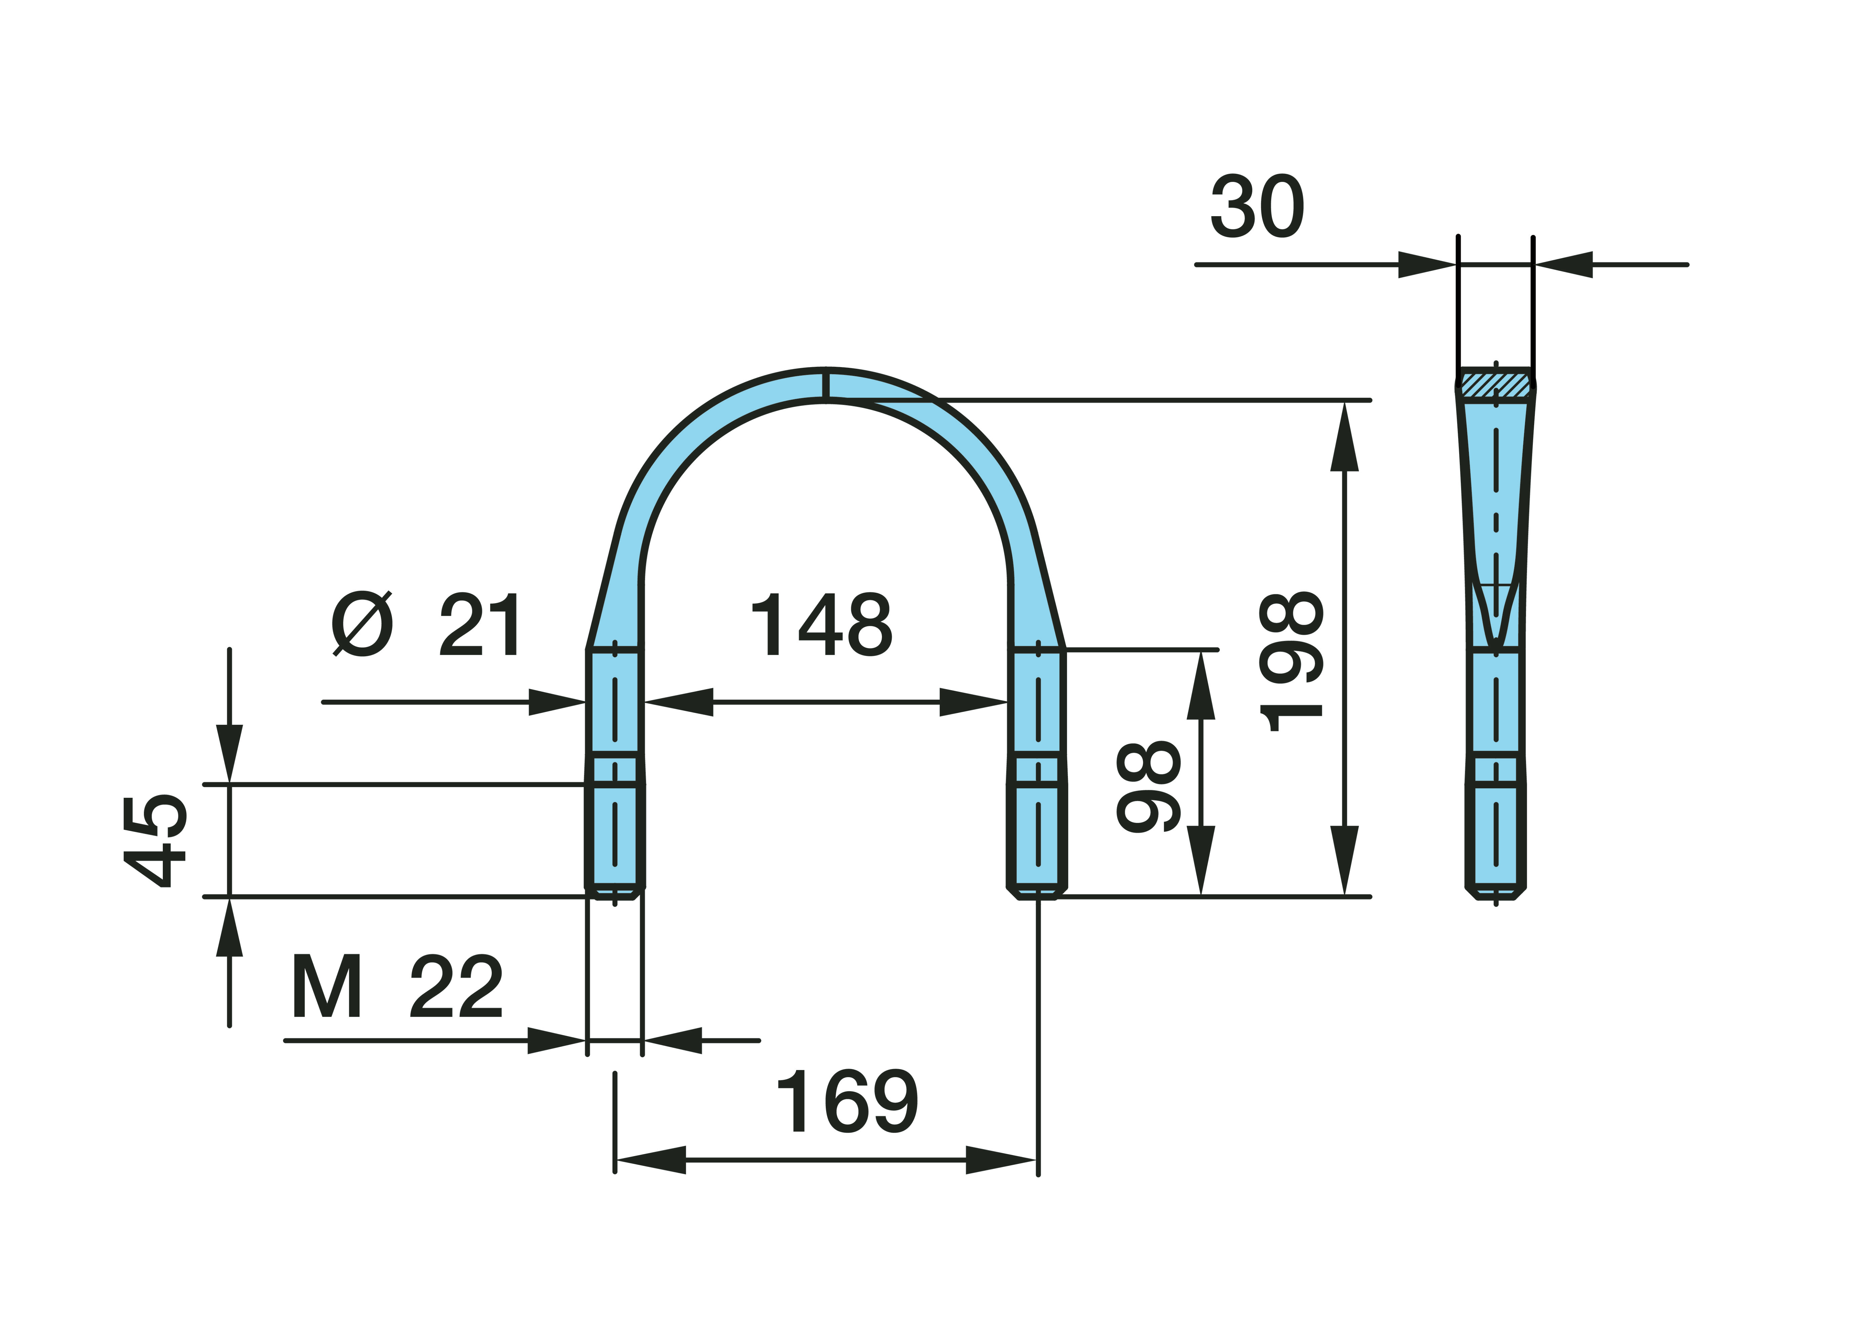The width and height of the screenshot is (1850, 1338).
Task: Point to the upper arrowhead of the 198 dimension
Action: pos(1344,436)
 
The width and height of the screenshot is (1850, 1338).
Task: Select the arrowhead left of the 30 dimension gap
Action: pos(1428,264)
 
